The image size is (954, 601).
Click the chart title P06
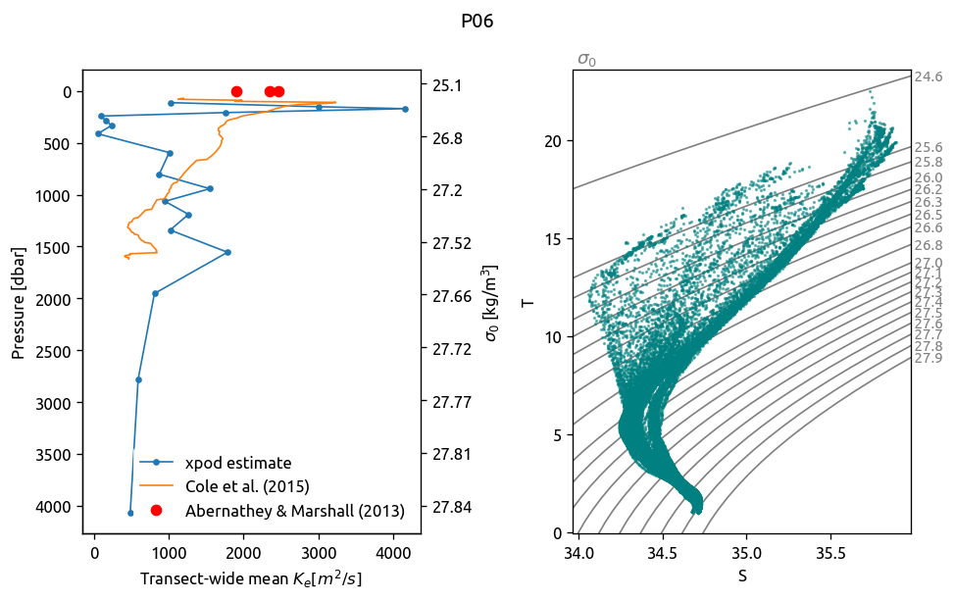pyautogui.click(x=477, y=22)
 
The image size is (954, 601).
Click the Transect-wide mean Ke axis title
pyautogui.click(x=251, y=579)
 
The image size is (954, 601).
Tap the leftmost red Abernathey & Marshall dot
pyautogui.click(x=236, y=92)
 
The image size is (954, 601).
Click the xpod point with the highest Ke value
pyautogui.click(x=405, y=109)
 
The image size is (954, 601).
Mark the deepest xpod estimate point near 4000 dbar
pyautogui.click(x=130, y=513)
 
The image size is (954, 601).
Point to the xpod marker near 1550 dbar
pyautogui.click(x=227, y=252)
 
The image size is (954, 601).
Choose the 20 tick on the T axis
pyautogui.click(x=557, y=140)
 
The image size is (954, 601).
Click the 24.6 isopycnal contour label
pyautogui.click(x=928, y=76)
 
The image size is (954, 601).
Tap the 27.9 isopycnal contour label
pyautogui.click(x=928, y=358)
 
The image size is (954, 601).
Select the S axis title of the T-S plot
pyautogui.click(x=742, y=576)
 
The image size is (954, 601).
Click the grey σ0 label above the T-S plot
pyautogui.click(x=586, y=60)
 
